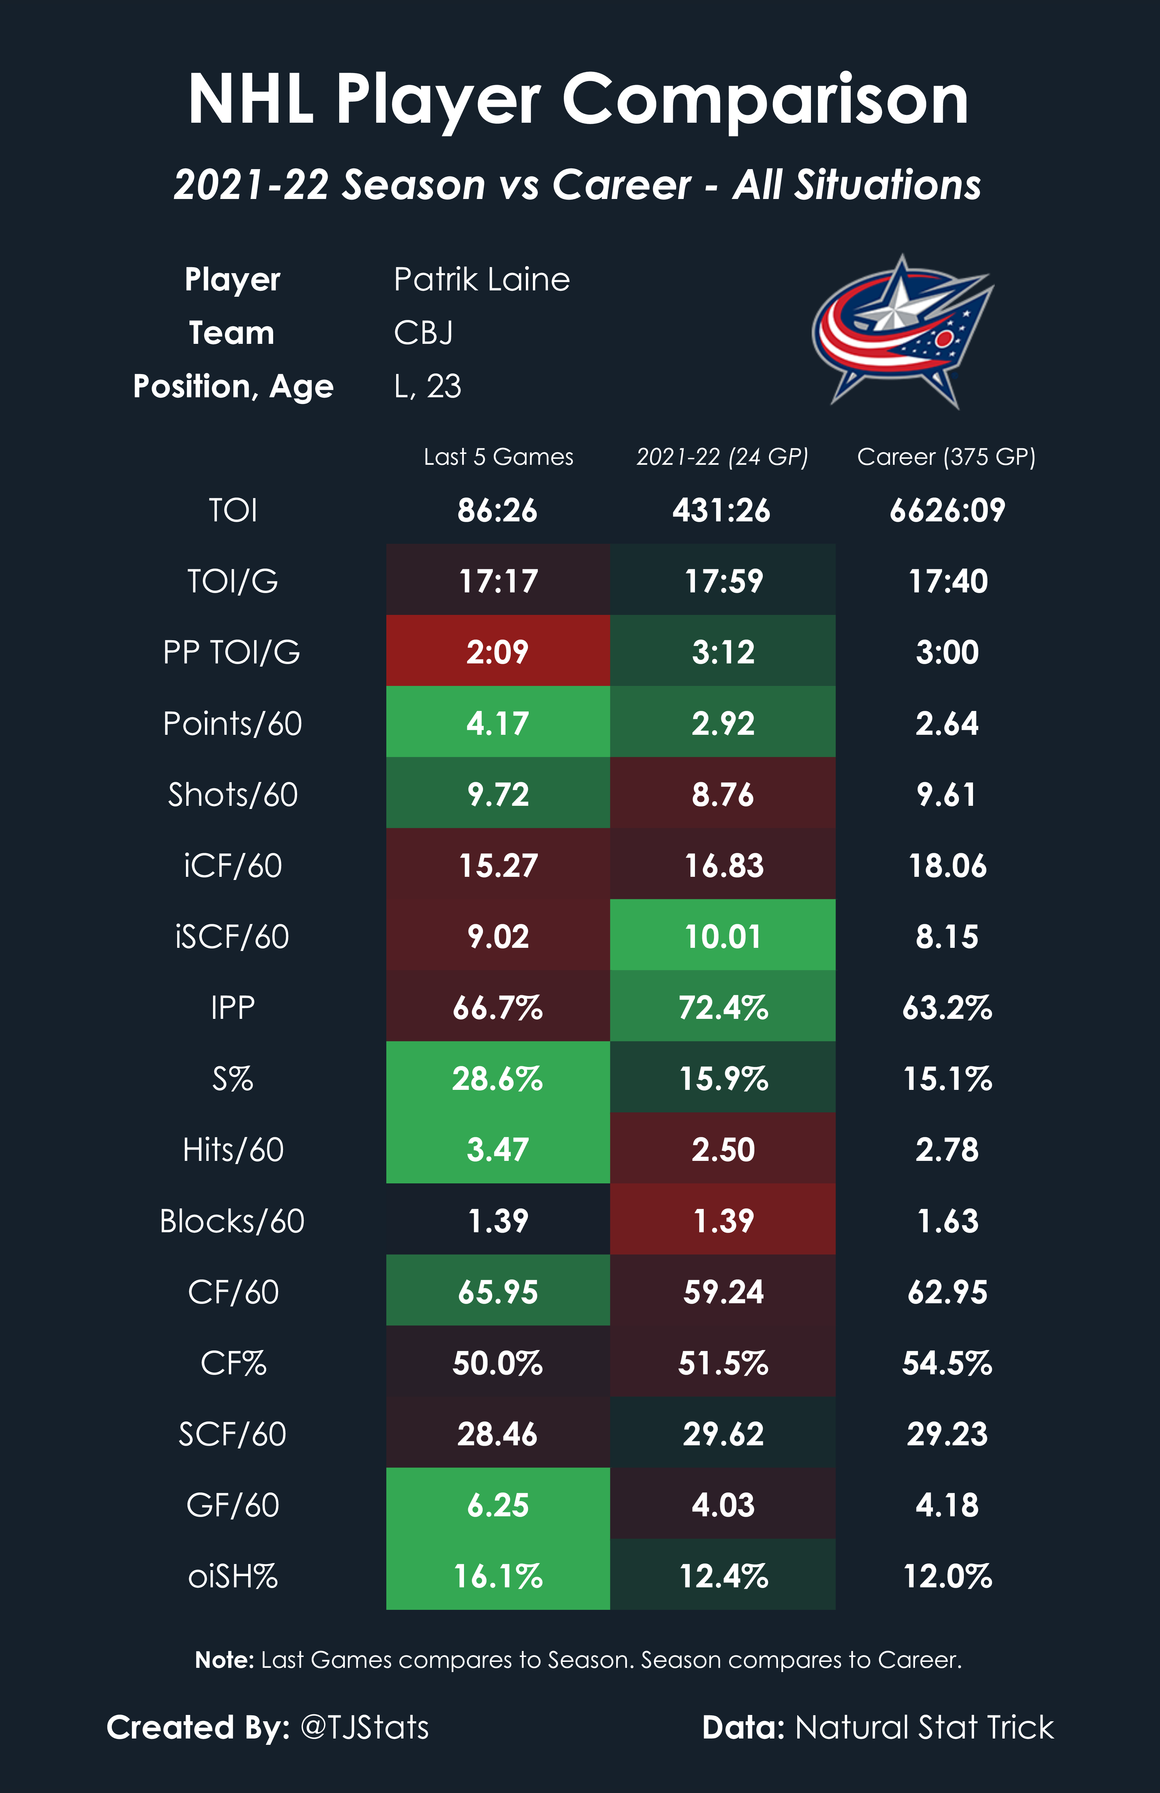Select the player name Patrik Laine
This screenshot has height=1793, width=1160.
(x=481, y=279)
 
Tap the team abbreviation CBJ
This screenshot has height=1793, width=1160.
(x=423, y=333)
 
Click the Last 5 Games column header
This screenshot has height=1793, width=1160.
(x=498, y=457)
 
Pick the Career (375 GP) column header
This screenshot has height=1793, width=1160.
(x=946, y=457)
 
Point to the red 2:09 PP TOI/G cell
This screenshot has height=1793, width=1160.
(x=498, y=652)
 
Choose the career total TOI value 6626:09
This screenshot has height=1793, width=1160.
(x=947, y=510)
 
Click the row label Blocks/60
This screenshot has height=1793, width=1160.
(x=232, y=1220)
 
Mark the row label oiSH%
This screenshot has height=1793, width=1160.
(x=233, y=1576)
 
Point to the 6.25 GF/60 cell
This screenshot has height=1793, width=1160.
(x=498, y=1504)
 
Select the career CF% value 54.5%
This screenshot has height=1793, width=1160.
(x=947, y=1363)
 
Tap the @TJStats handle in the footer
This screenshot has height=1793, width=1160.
(x=365, y=1727)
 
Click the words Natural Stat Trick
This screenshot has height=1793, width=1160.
(x=924, y=1727)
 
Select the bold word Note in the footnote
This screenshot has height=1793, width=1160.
(x=224, y=1660)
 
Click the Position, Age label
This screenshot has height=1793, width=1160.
(x=233, y=386)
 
